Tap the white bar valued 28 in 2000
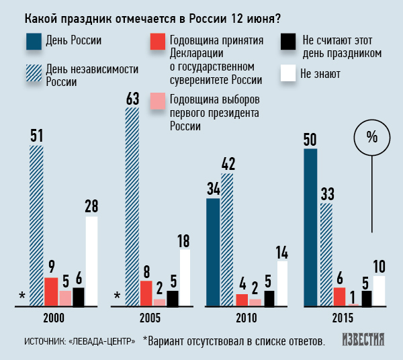[x=91, y=261]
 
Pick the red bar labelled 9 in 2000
[x=51, y=291]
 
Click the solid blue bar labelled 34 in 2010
[x=213, y=252]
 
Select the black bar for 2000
[x=78, y=296]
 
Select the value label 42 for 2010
[x=227, y=163]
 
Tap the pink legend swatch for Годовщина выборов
[x=156, y=101]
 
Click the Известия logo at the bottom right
[x=363, y=339]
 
